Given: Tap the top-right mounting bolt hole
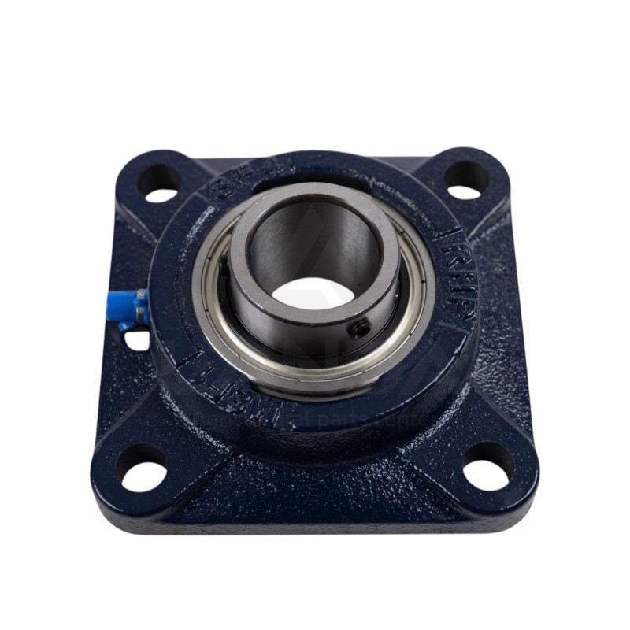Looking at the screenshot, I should point(466,180).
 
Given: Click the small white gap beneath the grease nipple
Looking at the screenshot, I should point(138,339).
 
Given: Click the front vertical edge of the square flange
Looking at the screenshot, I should point(315,520).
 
